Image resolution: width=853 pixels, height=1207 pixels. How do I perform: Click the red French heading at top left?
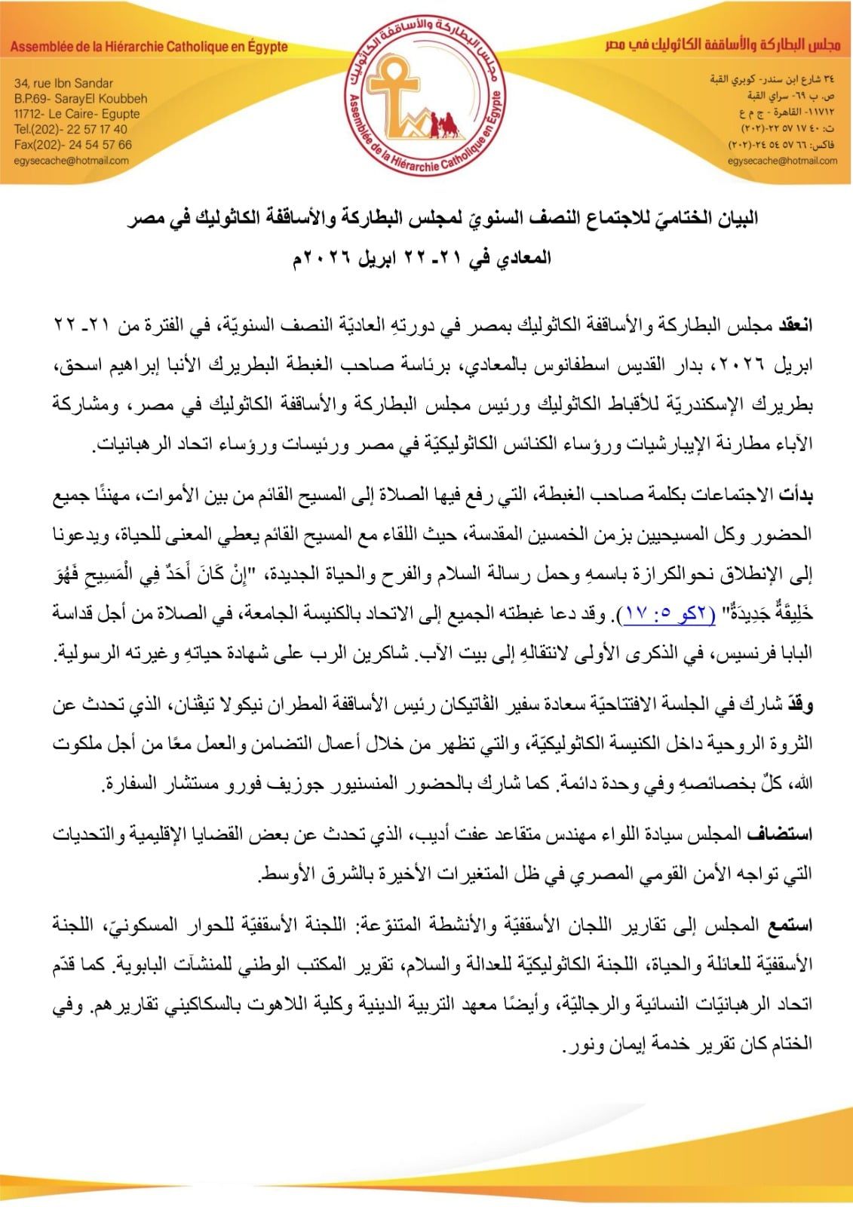[149, 47]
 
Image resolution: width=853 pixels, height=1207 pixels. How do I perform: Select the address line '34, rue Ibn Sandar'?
[63, 84]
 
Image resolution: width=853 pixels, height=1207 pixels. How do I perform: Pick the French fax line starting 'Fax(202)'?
[72, 145]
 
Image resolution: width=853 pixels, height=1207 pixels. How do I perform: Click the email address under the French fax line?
[72, 161]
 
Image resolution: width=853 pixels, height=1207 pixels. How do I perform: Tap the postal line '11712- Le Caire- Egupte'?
[76, 114]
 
